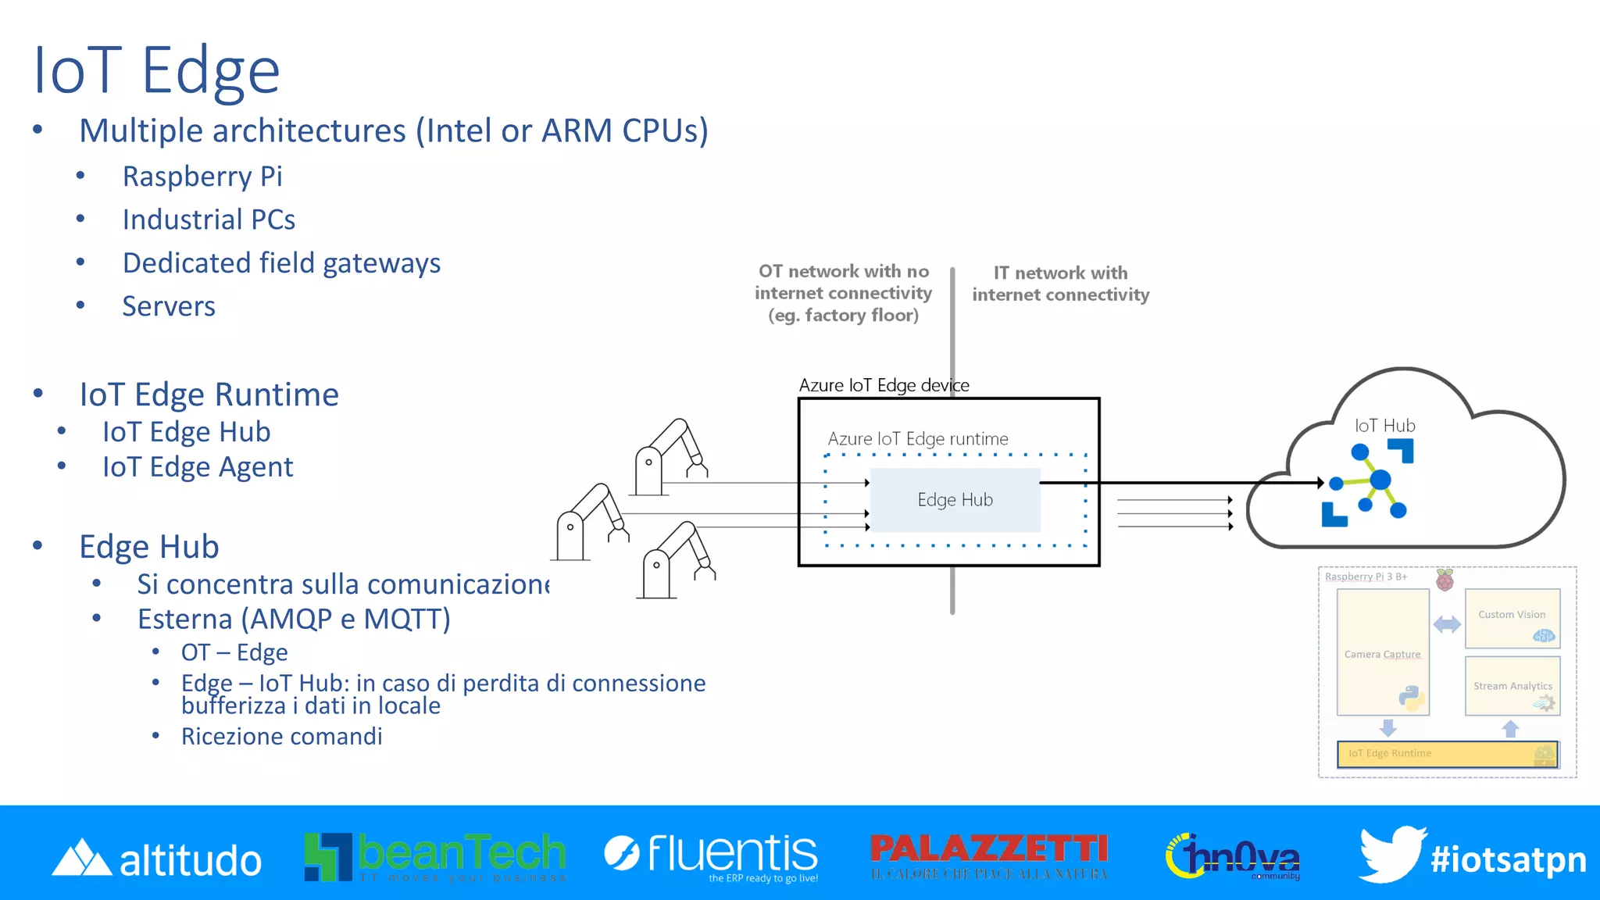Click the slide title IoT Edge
coord(156,70)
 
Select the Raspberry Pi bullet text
coord(202,177)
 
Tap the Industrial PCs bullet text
coord(209,220)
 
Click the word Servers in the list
coord(168,306)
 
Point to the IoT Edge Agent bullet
coord(198,467)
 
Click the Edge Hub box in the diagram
coord(955,500)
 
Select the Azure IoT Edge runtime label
coord(917,439)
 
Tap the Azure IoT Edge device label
coord(884,385)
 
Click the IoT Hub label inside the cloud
coord(1384,426)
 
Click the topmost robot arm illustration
coord(670,457)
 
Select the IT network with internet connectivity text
coord(1060,284)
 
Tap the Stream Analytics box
coord(1512,686)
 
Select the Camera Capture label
coord(1382,654)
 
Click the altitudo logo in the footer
coord(156,859)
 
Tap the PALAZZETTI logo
coord(989,855)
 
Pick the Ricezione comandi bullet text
coord(281,737)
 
